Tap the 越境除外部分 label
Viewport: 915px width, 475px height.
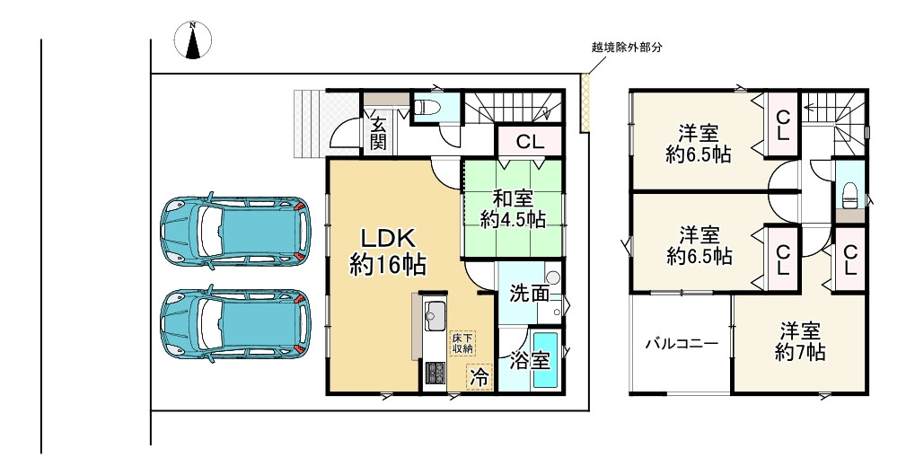626,48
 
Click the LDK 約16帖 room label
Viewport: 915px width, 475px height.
387,251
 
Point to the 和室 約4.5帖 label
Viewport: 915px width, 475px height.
513,208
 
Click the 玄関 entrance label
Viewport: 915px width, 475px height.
378,131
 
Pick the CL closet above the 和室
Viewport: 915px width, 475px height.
530,141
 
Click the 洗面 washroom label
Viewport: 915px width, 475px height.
529,293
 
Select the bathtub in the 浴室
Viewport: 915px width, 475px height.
545,360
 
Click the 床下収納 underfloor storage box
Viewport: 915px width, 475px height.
462,342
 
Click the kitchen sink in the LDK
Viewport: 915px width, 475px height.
435,316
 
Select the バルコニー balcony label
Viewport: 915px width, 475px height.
681,344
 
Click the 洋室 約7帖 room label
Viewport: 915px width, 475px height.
800,341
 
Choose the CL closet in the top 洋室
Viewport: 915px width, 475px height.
782,126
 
